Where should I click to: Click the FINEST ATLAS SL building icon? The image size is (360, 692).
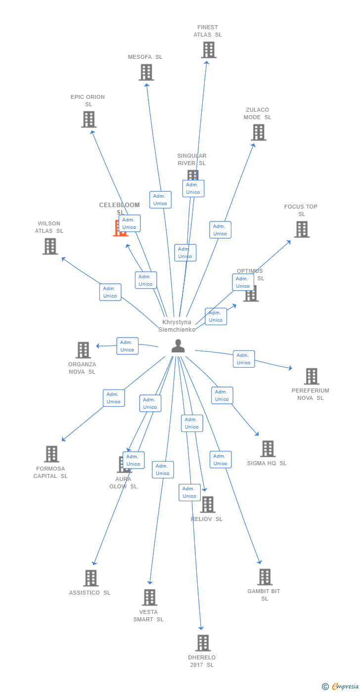(x=209, y=50)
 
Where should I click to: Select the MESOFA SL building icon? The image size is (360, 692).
(x=146, y=73)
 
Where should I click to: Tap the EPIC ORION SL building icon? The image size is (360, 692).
(x=89, y=120)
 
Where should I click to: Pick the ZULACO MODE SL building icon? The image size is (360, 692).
(x=259, y=132)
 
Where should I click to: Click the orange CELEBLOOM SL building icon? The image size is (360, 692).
(x=120, y=228)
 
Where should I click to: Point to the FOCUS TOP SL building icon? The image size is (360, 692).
(x=302, y=229)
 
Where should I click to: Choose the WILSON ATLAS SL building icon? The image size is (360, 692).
(x=50, y=246)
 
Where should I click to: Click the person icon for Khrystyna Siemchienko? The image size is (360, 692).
(x=178, y=346)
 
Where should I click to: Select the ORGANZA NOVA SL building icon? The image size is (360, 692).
(x=83, y=350)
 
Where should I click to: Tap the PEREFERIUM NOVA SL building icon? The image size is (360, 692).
(x=312, y=376)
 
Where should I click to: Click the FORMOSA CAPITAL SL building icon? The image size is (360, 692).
(x=51, y=454)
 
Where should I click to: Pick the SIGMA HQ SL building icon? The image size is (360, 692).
(x=268, y=449)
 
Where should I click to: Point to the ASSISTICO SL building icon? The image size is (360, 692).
(x=90, y=578)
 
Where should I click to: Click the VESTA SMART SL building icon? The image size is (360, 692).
(x=149, y=597)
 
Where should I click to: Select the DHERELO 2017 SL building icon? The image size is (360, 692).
(x=203, y=643)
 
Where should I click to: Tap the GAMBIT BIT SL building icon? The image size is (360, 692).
(x=265, y=577)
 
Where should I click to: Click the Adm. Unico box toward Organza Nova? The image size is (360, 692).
(x=127, y=346)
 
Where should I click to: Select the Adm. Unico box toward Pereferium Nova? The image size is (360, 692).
(x=244, y=359)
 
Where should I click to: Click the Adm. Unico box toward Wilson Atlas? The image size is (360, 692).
(x=110, y=292)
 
